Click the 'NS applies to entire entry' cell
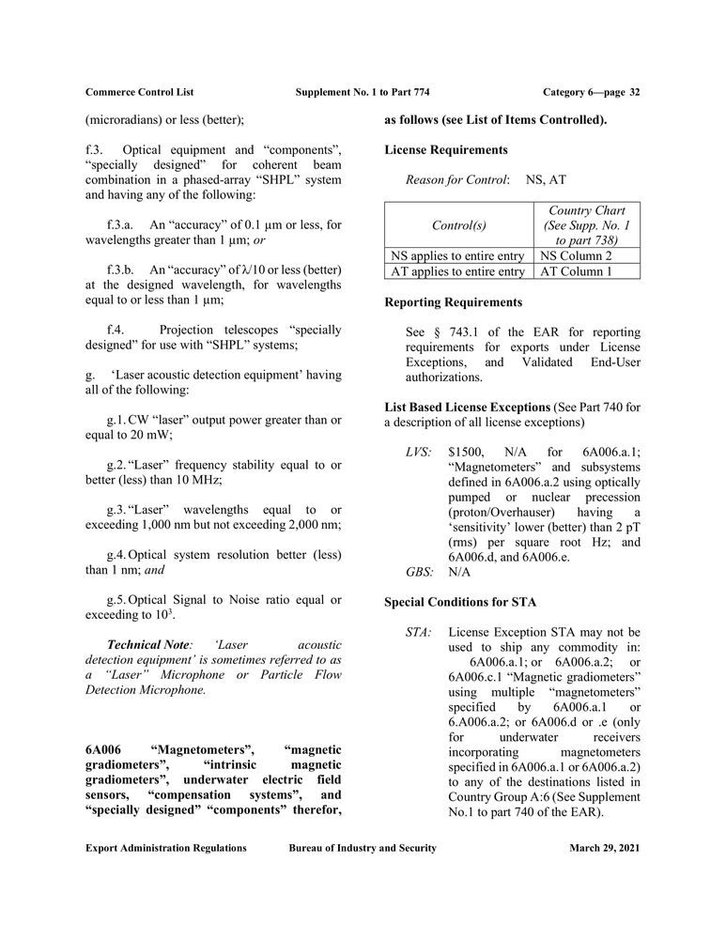457,255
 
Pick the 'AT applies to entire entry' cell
457,271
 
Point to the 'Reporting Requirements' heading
454,302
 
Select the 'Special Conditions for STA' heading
461,600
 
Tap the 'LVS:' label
418,452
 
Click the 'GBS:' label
419,571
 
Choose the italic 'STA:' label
418,632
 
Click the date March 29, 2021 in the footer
605,848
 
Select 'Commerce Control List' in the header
140,92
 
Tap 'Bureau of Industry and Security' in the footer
363,848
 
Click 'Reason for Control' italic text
456,178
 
